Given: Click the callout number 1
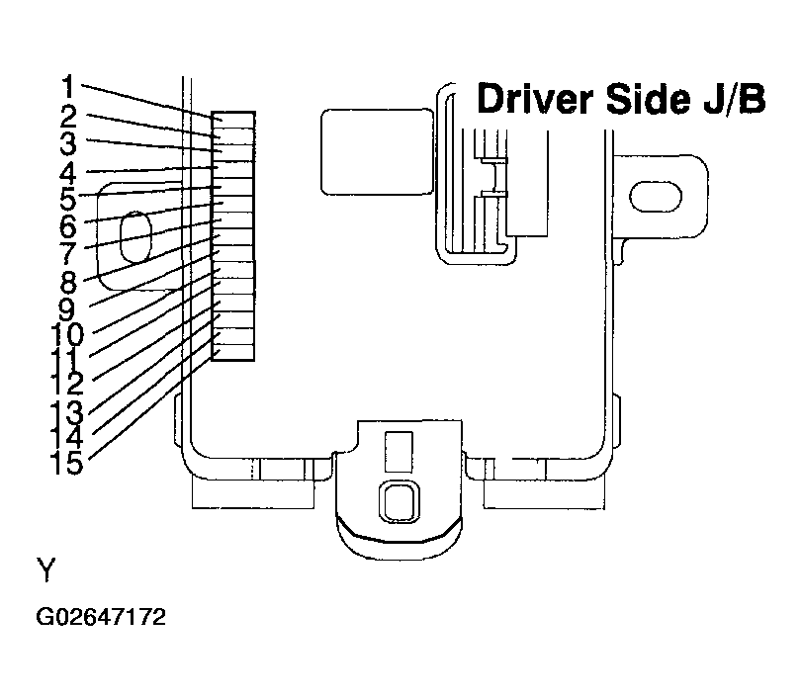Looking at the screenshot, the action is pos(68,87).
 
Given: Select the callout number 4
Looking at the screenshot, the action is pos(68,173).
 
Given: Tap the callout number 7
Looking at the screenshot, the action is pos(68,254).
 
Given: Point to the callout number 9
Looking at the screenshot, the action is pos(67,308).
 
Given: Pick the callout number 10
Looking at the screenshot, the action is pos(66,335).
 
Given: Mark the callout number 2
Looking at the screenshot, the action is pos(68,117).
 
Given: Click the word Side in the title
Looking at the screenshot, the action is pos(650,99).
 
